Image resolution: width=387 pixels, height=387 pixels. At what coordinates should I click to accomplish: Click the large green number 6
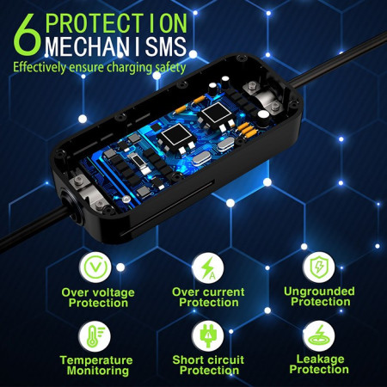click(26, 33)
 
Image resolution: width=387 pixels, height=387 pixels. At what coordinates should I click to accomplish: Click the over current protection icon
click(207, 266)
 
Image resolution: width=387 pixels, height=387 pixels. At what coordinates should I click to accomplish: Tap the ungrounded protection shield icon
click(318, 265)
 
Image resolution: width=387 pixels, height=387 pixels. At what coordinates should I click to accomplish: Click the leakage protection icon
click(318, 335)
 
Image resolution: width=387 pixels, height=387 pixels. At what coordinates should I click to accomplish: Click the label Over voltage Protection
click(97, 297)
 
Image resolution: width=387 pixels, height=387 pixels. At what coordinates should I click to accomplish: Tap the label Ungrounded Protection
click(319, 296)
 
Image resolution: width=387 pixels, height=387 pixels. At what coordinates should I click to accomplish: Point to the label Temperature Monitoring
click(95, 365)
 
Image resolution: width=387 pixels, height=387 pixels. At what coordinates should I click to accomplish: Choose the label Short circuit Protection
click(207, 365)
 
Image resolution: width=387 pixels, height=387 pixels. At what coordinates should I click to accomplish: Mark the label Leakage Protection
click(319, 365)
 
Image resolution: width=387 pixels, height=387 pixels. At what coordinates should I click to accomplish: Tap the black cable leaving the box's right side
click(344, 78)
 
